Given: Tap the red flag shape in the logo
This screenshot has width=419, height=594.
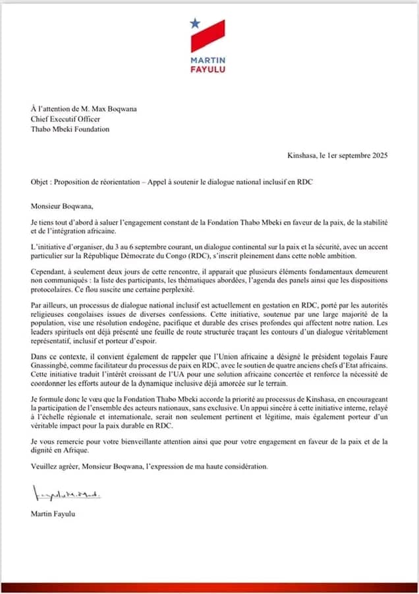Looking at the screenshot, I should pyautogui.click(x=209, y=36).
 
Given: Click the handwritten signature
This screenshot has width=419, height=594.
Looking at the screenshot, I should pyautogui.click(x=66, y=492).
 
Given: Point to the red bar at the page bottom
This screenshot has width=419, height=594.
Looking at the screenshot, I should pyautogui.click(x=209, y=587).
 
